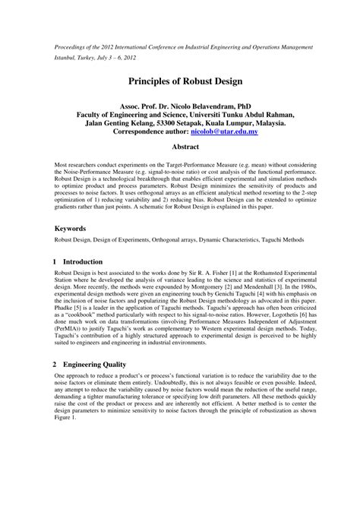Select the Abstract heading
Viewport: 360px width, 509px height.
[x=180, y=148]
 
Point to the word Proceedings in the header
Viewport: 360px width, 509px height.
[x=73, y=47]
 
